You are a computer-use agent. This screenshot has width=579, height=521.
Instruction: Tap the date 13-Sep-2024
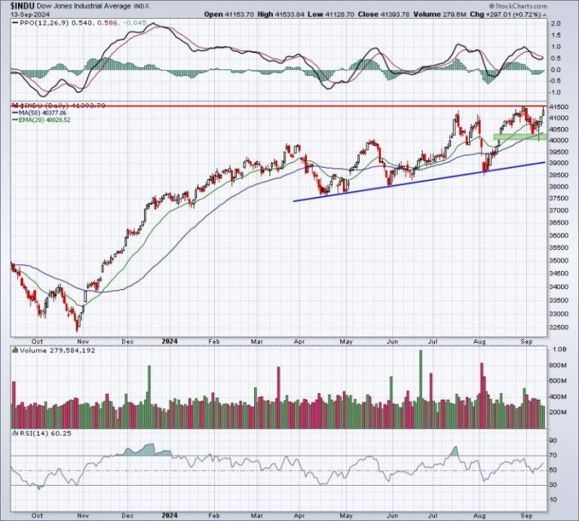[24, 15]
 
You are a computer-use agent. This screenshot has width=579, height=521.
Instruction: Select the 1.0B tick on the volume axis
[559, 351]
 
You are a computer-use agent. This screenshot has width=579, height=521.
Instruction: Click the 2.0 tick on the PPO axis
[556, 24]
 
